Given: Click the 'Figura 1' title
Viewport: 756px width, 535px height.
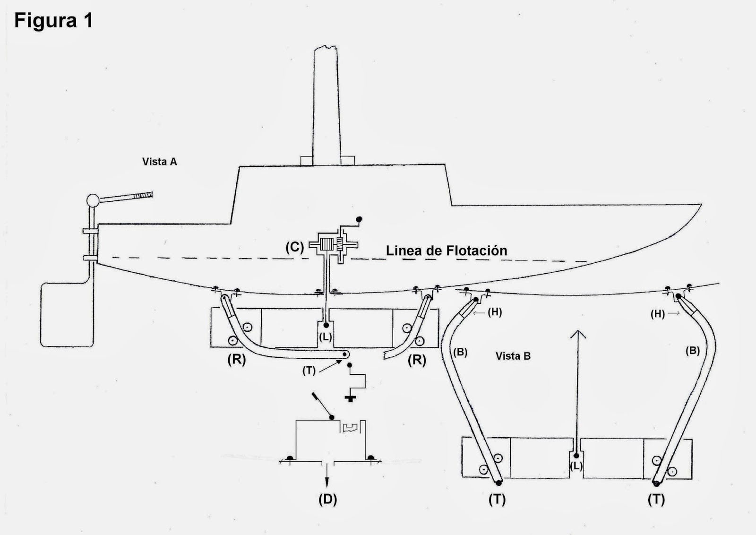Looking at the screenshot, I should pos(53,21).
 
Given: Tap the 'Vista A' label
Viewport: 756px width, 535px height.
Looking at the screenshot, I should pos(160,162).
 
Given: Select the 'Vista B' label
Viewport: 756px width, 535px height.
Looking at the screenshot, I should pos(513,356).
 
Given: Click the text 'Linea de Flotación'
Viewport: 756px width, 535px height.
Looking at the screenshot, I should pos(447,250).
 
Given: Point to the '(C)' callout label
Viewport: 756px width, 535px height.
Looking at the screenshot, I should pos(295,247).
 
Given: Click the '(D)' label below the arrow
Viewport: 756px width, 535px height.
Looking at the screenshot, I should pos(327,499).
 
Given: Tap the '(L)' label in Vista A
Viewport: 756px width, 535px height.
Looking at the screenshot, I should pos(326,337).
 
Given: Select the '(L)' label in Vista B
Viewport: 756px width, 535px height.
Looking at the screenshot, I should pos(576,466).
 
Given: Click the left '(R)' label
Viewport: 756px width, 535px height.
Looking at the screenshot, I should pos(237,360).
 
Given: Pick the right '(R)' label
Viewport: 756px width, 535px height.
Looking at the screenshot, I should pos(417,360).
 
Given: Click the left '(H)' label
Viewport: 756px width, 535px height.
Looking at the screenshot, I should pos(494,312).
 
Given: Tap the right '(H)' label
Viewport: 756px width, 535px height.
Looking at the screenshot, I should pos(658,314).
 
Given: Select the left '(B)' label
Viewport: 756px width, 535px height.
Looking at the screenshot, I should pos(460,352).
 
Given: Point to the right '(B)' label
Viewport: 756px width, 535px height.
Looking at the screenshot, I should pos(692,351).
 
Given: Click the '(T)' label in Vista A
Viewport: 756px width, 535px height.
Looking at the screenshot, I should pos(309,371).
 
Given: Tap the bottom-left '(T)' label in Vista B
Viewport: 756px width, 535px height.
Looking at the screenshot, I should pos(497,499).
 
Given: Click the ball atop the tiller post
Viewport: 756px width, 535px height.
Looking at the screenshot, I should pos(93,200).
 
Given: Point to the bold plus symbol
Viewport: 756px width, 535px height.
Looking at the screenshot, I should pos(350,398).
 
